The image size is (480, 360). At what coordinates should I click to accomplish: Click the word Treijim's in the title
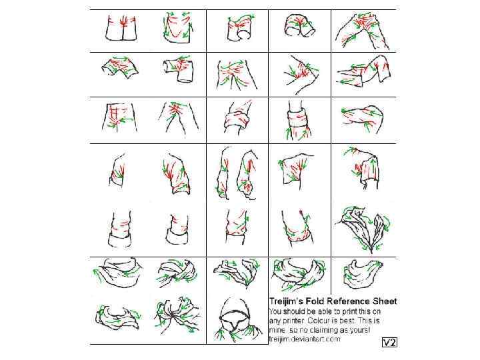point(283,301)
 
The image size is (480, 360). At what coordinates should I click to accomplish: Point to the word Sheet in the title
point(385,301)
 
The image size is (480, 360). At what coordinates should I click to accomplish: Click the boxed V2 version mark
point(390,342)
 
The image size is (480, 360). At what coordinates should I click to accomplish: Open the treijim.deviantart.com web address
point(305,339)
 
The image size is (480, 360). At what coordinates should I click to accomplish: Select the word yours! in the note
point(361,330)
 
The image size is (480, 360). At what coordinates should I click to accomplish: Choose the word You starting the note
point(275,311)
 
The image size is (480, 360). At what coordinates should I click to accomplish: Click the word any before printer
point(275,321)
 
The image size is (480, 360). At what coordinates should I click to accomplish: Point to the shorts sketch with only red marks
point(122,27)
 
